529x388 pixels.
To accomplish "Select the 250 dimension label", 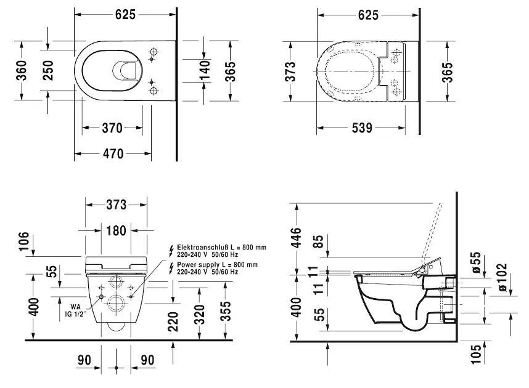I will [48, 69].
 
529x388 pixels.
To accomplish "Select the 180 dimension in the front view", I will [116, 230].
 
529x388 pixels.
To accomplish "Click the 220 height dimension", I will [173, 321].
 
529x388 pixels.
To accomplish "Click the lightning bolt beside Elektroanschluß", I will [170, 249].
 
